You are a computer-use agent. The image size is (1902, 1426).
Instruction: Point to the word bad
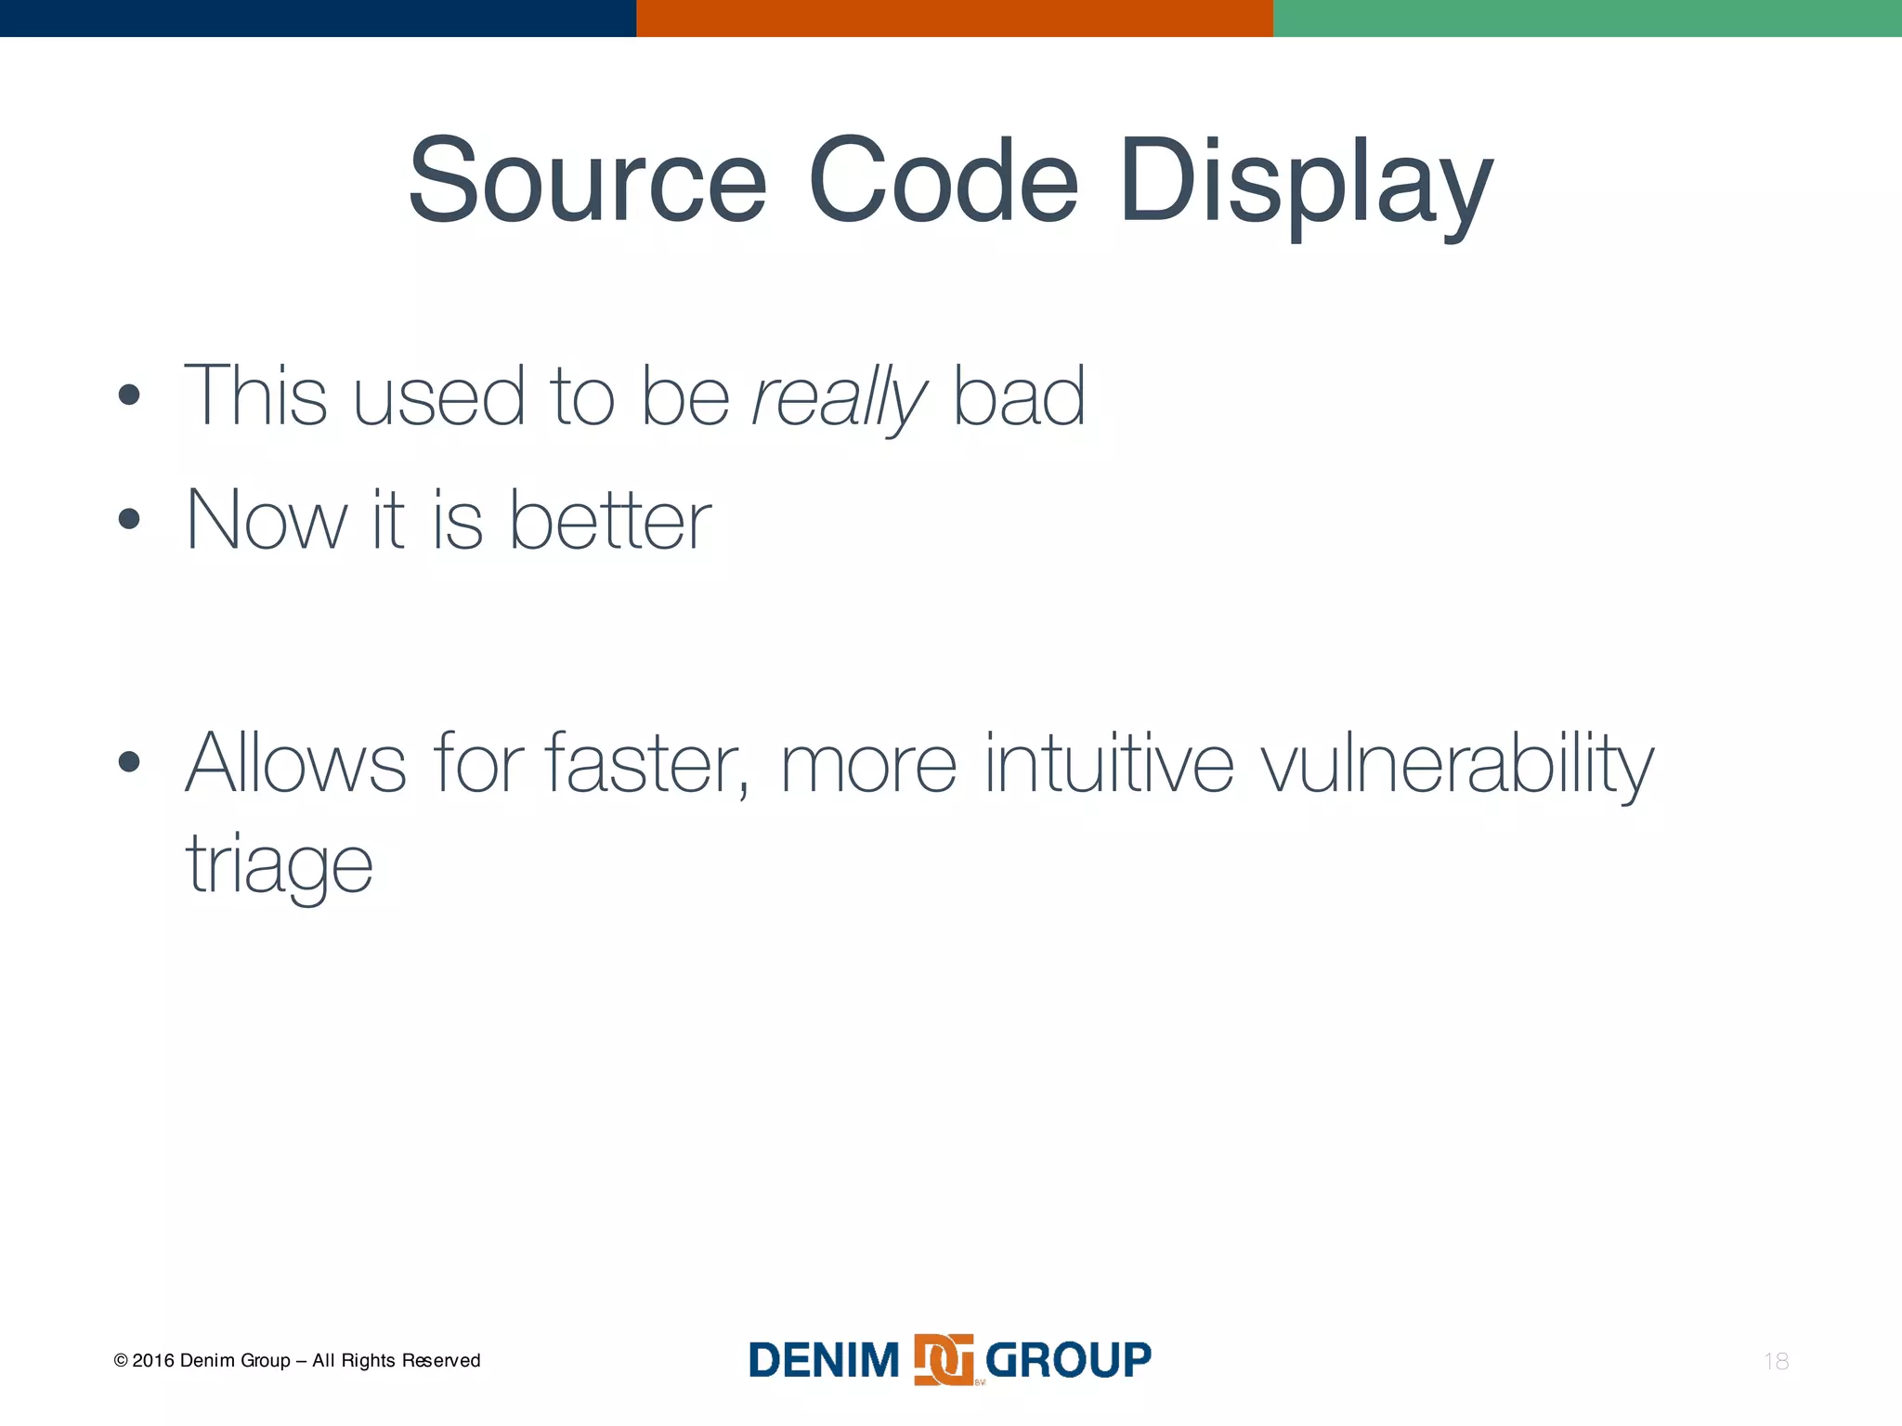point(1019,396)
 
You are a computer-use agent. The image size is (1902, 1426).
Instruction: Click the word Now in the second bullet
point(266,520)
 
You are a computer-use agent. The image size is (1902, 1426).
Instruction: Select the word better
point(610,520)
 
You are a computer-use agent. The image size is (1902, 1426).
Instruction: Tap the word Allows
point(295,763)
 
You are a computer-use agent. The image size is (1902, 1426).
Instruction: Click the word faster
point(646,763)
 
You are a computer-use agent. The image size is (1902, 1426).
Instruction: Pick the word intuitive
point(1109,763)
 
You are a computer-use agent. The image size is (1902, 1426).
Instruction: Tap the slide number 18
point(1776,1361)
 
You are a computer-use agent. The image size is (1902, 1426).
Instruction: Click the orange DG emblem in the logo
point(944,1360)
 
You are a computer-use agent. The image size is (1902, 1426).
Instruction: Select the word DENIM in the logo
point(824,1360)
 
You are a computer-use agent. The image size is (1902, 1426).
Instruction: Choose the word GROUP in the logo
point(1068,1360)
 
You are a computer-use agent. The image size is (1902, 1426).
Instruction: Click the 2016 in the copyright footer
point(152,1361)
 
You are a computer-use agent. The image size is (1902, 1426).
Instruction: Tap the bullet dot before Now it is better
point(129,518)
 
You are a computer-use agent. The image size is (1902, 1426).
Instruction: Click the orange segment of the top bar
point(954,18)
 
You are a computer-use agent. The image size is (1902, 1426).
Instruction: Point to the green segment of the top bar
point(1586,18)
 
